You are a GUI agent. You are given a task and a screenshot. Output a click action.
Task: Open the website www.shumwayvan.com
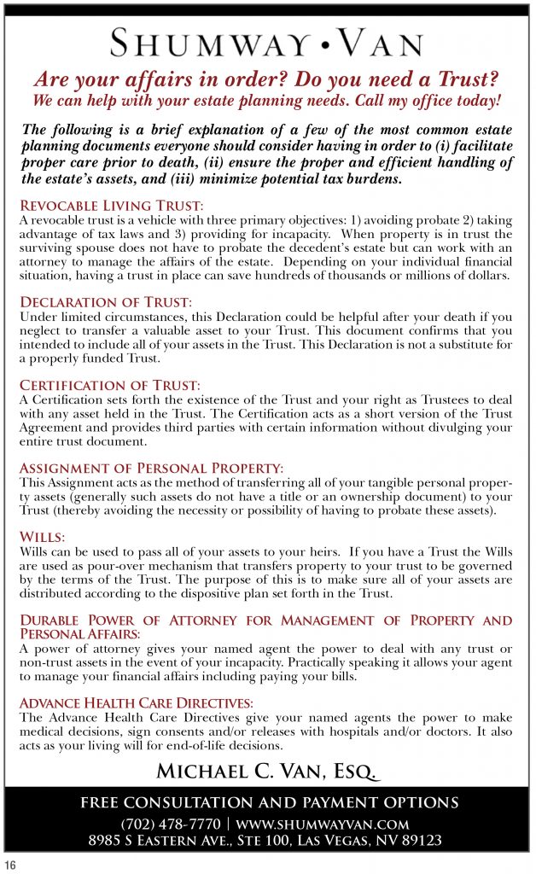pos(323,824)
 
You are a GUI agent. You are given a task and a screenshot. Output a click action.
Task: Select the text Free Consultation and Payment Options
pos(269,803)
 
